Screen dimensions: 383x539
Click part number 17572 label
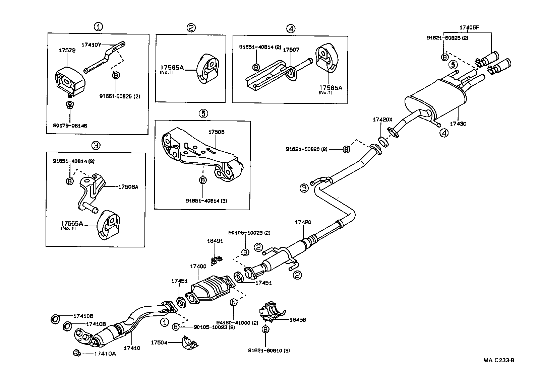(x=67, y=51)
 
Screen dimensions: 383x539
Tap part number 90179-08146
(x=70, y=126)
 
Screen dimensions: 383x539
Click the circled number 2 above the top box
(x=191, y=28)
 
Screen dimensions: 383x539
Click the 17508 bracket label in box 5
(x=216, y=132)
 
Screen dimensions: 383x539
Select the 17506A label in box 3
(x=128, y=187)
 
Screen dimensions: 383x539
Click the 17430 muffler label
(x=458, y=124)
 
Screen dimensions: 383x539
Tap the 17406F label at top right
(x=469, y=28)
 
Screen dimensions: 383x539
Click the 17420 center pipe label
(x=303, y=222)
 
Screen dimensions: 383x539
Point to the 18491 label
(x=215, y=241)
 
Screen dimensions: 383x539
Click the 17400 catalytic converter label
(x=198, y=266)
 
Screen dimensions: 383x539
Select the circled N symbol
(x=234, y=303)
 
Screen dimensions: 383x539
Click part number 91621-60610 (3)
(x=269, y=351)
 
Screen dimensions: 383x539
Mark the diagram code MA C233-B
(x=498, y=360)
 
